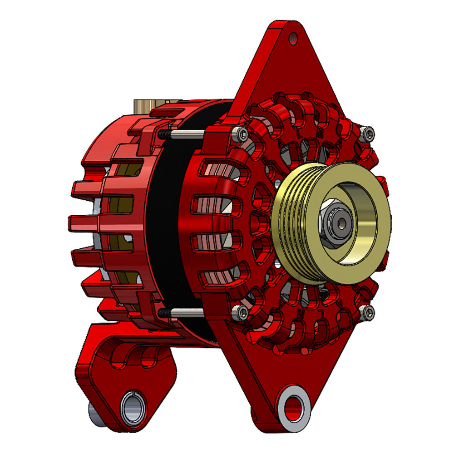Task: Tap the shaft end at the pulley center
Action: coord(341,222)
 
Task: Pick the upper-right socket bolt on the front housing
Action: coord(369,133)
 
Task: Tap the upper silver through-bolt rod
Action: coord(186,134)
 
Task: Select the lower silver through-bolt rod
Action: coord(186,312)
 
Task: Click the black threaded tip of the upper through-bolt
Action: coord(164,134)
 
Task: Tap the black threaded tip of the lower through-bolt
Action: coord(164,312)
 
